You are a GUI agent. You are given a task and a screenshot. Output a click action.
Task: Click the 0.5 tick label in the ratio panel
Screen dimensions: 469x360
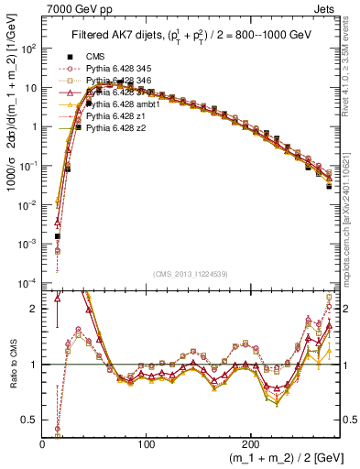click(32, 420)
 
